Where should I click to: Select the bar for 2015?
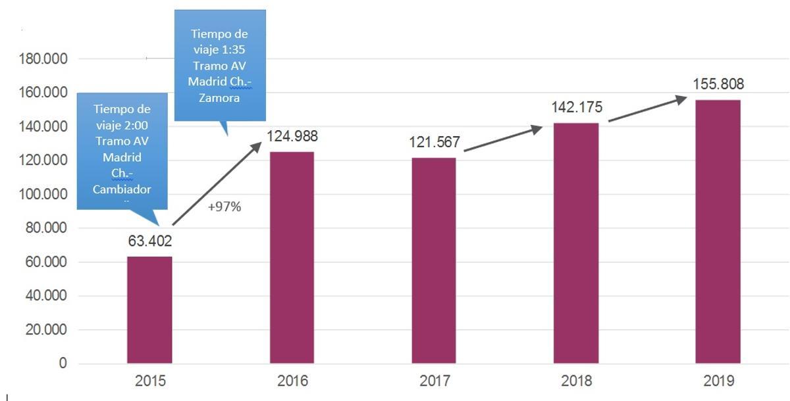point(149,310)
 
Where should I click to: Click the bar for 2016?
point(292,258)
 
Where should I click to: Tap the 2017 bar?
point(434,260)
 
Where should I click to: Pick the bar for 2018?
point(576,243)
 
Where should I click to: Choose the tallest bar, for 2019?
point(718,231)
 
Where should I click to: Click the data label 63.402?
point(149,241)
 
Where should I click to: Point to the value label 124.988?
point(292,137)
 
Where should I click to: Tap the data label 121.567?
point(434,143)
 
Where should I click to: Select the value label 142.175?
point(576,108)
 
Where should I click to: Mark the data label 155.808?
point(718,84)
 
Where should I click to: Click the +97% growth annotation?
point(224,207)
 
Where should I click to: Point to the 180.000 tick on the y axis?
point(40,59)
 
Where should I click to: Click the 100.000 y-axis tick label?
point(40,195)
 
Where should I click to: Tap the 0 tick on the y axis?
point(63,364)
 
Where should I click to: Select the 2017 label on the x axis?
point(434,381)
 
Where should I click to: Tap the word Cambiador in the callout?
point(122,190)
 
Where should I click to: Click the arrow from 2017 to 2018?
point(503,139)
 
